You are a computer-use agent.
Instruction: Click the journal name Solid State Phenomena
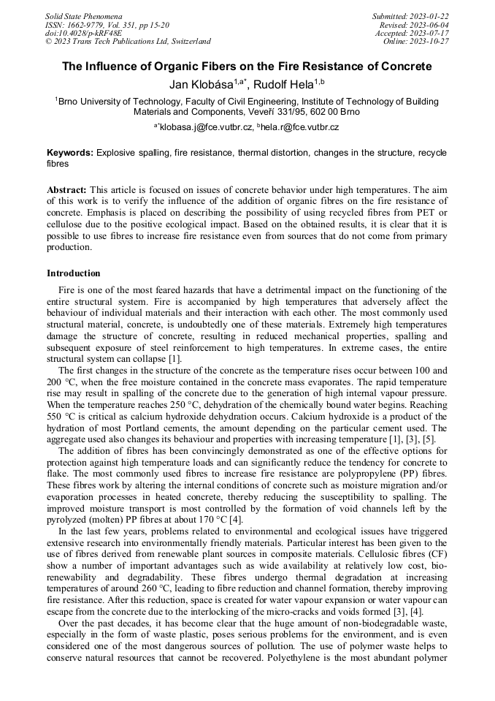point(83,16)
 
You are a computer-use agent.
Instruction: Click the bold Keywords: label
point(70,153)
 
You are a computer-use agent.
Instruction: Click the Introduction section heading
point(74,273)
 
